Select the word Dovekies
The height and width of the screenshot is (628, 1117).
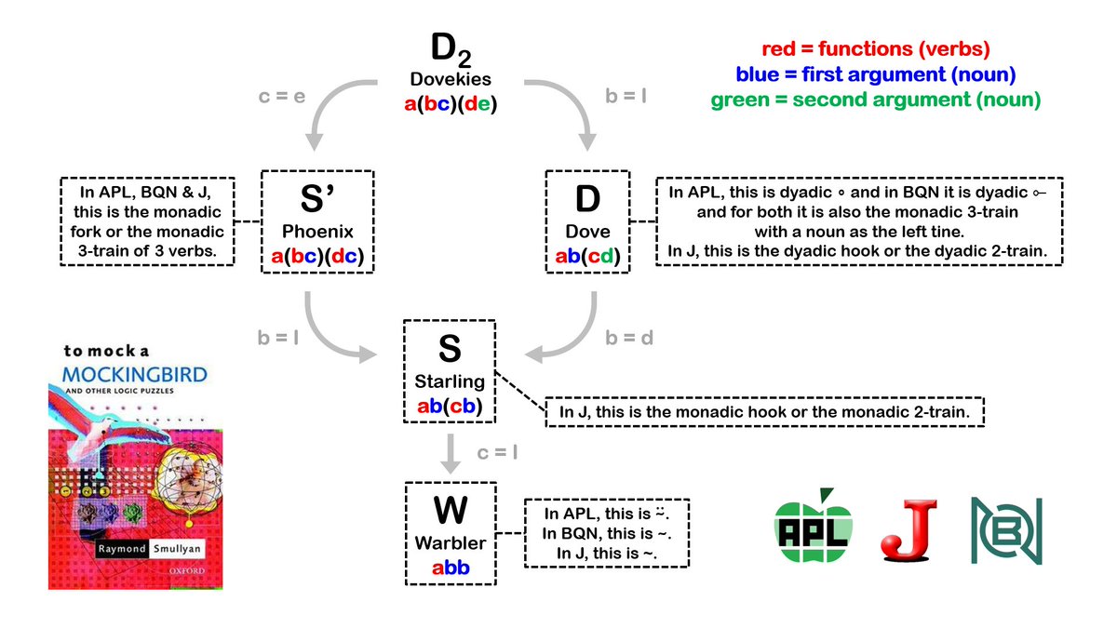coord(451,81)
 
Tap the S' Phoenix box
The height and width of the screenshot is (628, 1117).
coord(316,221)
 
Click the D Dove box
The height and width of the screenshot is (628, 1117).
coord(586,221)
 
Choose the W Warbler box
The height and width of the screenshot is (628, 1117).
coord(450,532)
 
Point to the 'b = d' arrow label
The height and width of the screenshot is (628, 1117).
coord(629,338)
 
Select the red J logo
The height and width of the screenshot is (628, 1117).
coord(908,531)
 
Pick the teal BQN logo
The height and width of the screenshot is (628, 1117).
coord(1006,531)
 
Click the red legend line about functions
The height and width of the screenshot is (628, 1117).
coord(874,49)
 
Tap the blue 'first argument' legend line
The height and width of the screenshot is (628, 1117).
coord(874,73)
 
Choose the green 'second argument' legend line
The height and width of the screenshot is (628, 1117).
coord(874,99)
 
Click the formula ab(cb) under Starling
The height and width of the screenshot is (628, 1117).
coord(450,406)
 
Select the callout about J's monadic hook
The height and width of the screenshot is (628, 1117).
coord(766,411)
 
